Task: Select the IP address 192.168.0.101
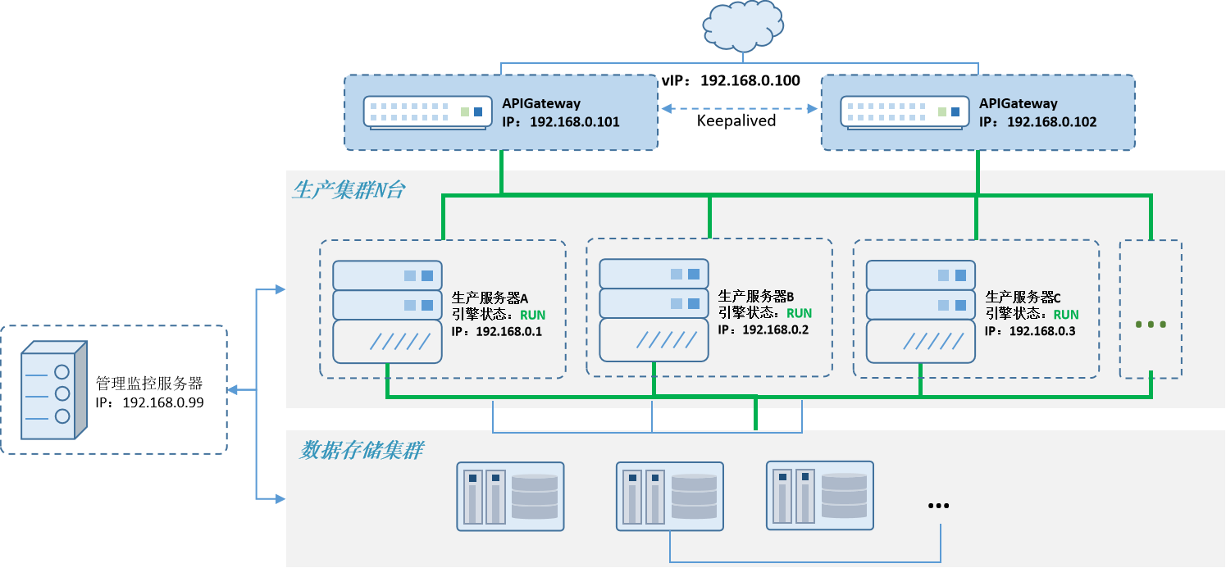coord(574,122)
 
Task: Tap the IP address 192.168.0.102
coord(1051,122)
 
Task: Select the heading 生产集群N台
coord(349,191)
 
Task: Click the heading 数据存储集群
coord(362,451)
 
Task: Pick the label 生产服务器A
coord(490,298)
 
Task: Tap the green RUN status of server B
coord(799,313)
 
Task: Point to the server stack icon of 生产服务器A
coord(387,311)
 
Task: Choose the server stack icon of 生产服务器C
coord(921,311)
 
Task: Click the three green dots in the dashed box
coord(1151,325)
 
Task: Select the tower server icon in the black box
coord(53,390)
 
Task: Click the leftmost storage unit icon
coord(510,496)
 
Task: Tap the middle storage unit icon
coord(670,496)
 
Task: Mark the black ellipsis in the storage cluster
coord(938,506)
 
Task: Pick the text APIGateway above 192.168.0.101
coord(541,104)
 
